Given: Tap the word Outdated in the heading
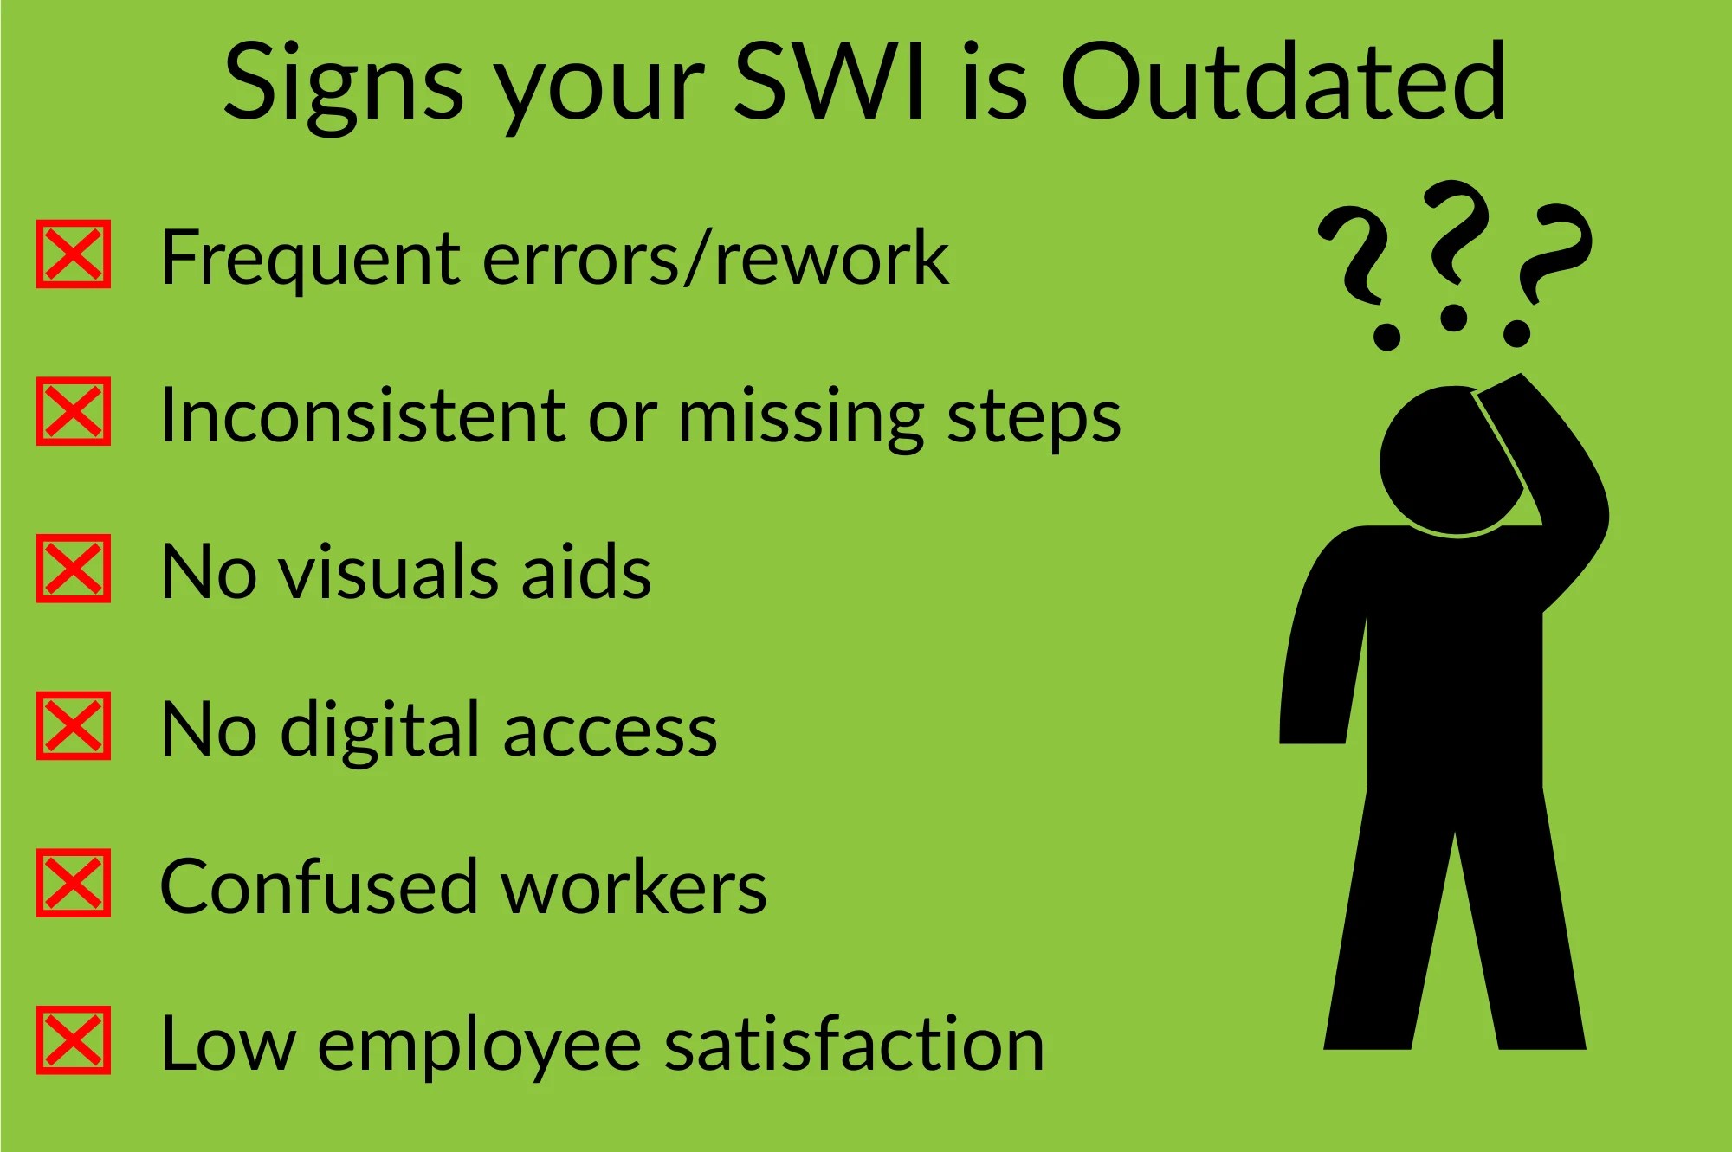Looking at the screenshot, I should coord(1283,82).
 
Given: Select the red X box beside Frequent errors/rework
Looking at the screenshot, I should coord(74,254).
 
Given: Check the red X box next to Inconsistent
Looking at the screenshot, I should coord(74,411).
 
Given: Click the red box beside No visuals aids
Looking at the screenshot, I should coord(74,569).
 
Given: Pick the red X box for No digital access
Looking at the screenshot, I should coord(74,725).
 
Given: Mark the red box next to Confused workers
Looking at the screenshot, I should coord(74,883).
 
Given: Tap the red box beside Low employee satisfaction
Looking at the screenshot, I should coord(74,1040).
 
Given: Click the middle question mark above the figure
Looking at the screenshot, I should coord(1457,251).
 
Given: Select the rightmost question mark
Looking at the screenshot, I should coord(1550,268).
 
